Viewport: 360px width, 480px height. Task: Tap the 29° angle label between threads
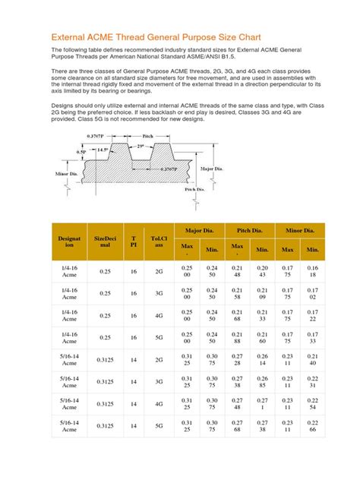pos(141,146)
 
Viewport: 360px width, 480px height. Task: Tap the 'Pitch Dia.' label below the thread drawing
pos(197,189)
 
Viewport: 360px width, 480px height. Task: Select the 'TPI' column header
pos(134,242)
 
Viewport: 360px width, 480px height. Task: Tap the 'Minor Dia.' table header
pos(299,229)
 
